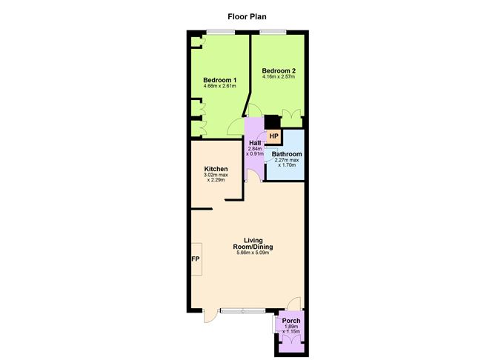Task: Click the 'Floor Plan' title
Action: tap(247, 14)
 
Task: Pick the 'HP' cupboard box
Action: tap(273, 136)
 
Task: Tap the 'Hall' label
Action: tap(255, 142)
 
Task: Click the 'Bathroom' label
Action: tap(286, 154)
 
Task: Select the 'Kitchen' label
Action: tap(216, 169)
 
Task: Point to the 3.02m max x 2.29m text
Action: tap(216, 179)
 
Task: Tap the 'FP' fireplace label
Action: tap(196, 259)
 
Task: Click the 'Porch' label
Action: tap(291, 321)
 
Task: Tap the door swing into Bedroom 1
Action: tap(236, 128)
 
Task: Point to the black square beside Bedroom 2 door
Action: tap(271, 121)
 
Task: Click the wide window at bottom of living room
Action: tap(242, 312)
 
